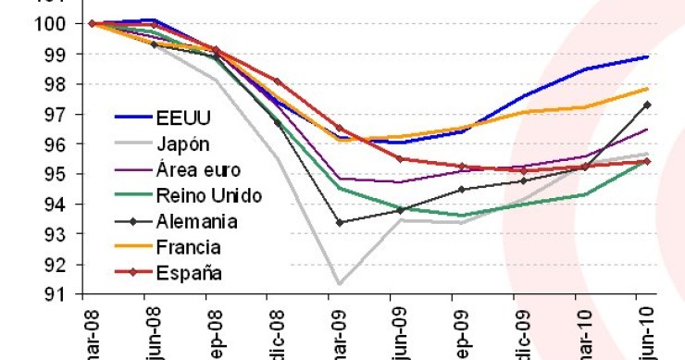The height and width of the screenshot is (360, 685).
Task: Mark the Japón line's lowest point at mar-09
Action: [339, 283]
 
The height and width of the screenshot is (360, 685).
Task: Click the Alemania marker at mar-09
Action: [339, 222]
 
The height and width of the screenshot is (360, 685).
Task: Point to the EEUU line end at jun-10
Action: [647, 56]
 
